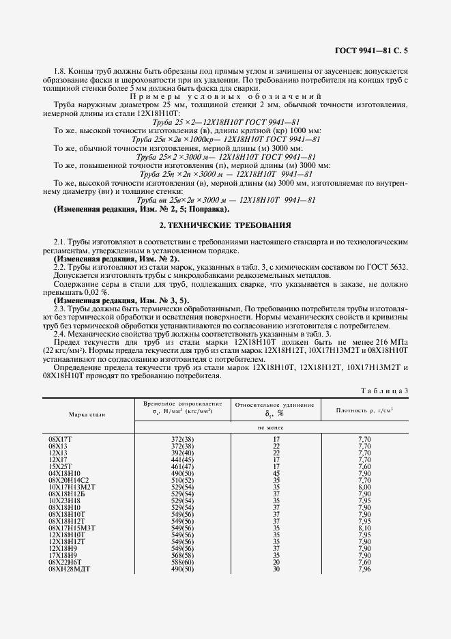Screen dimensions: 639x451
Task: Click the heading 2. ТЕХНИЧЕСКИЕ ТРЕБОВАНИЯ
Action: point(225,225)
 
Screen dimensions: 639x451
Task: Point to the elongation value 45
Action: point(276,472)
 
